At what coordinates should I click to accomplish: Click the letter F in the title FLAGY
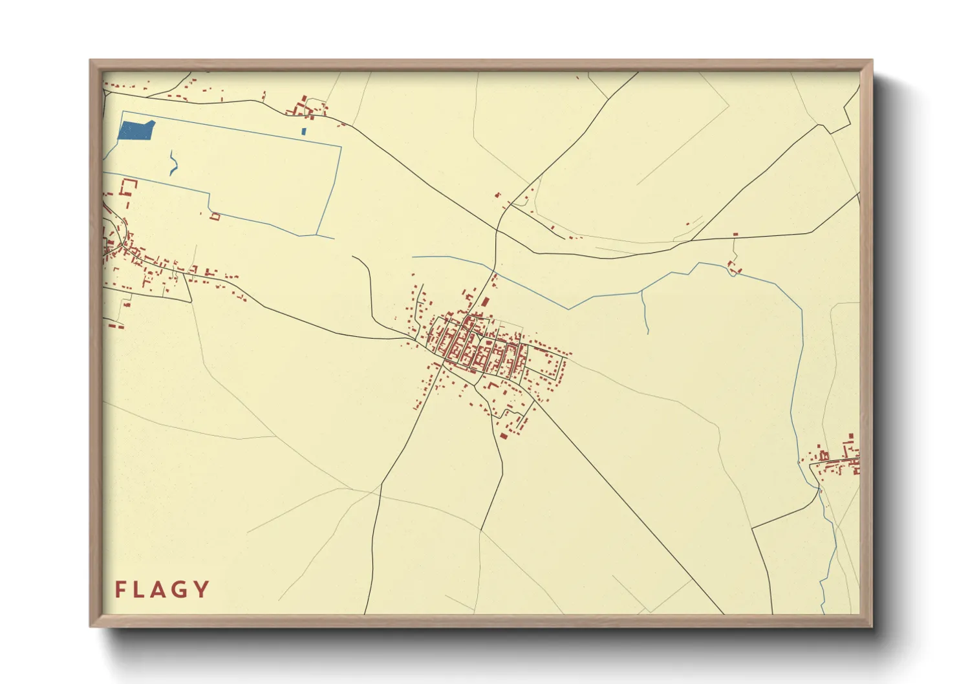(120, 590)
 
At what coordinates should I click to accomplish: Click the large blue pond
(136, 130)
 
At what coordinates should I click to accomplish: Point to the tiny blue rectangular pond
(303, 132)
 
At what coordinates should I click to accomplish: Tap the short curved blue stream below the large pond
(173, 164)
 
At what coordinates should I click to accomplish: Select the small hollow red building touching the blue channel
(215, 217)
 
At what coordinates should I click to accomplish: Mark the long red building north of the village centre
(484, 301)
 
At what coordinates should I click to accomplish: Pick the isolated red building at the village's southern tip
(502, 436)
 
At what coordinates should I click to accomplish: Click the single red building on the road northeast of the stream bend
(735, 234)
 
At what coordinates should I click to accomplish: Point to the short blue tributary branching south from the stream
(644, 313)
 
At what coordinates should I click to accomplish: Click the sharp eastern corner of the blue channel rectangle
(340, 147)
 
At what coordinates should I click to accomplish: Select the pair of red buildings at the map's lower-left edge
(116, 326)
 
